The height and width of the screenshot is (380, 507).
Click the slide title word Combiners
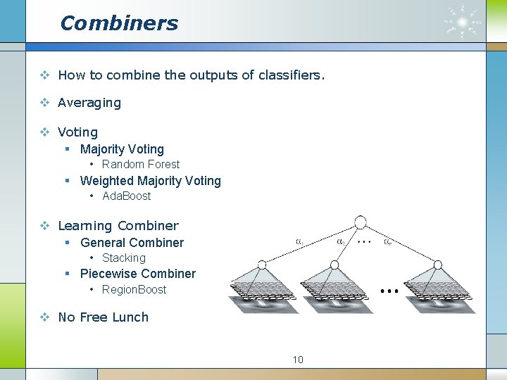click(119, 23)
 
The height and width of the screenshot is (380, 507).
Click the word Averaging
click(89, 103)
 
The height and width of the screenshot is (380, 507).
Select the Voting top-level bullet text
click(77, 132)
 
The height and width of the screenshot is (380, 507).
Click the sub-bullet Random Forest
click(141, 165)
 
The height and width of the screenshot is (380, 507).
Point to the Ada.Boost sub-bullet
click(127, 196)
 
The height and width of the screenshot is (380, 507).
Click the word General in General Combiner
click(104, 243)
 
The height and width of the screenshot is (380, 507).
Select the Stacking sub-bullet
click(124, 258)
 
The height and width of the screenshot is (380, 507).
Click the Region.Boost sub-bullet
click(134, 290)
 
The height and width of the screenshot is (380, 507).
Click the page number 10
click(298, 360)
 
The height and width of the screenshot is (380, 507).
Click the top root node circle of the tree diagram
click(361, 222)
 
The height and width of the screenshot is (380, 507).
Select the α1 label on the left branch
click(299, 241)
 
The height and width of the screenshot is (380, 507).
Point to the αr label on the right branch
click(388, 241)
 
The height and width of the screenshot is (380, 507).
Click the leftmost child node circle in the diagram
click(261, 265)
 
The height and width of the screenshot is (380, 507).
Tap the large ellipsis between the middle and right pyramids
click(389, 289)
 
